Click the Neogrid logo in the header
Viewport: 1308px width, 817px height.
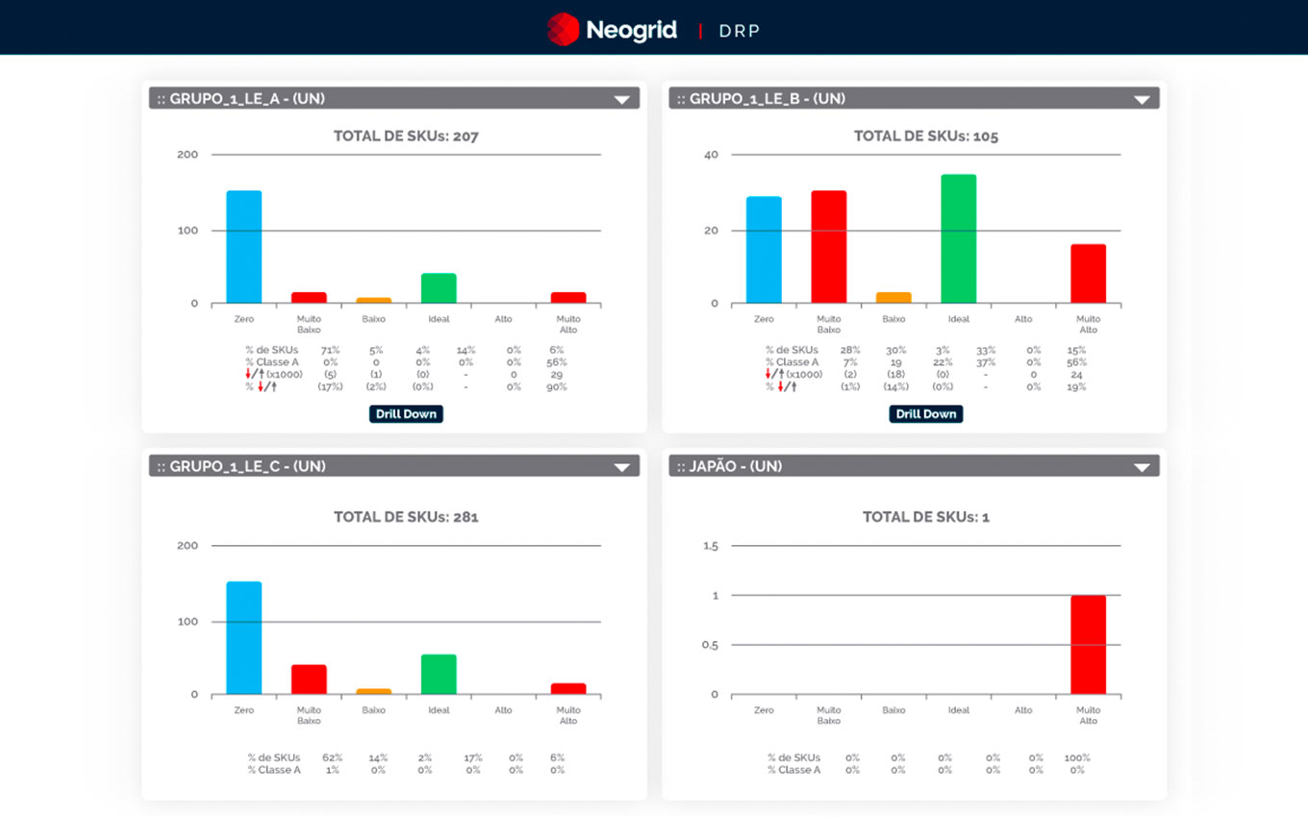(612, 30)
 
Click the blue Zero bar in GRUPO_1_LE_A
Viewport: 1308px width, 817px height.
(243, 247)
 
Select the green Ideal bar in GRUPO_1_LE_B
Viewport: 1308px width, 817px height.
(958, 239)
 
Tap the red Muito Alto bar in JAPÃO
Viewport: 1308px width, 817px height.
(1088, 645)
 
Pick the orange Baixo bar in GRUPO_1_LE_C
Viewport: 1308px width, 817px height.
(373, 691)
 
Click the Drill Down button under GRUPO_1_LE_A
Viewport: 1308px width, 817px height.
(406, 414)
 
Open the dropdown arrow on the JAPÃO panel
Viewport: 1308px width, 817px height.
(1142, 467)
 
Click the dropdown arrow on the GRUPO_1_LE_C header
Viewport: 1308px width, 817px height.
(621, 467)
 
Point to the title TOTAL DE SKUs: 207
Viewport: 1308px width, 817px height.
(406, 136)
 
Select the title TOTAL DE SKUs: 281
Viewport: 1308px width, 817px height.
(406, 517)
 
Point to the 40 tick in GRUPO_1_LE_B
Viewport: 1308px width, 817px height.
(711, 155)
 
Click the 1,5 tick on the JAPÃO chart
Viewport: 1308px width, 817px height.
(711, 546)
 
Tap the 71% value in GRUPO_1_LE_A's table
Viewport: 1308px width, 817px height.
(330, 350)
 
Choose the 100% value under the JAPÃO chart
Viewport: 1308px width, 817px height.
(1076, 757)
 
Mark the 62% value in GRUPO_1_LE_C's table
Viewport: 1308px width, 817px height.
(332, 757)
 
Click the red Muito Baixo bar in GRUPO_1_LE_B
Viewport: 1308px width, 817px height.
(828, 247)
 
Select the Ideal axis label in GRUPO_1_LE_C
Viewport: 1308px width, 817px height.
(439, 710)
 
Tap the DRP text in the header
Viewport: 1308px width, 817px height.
(740, 31)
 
